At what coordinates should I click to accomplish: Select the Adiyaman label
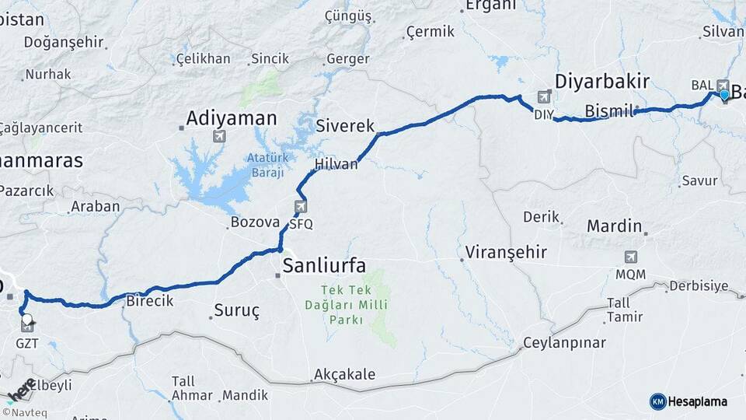[231, 118]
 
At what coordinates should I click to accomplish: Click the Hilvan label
[336, 164]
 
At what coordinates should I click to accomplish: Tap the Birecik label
[149, 301]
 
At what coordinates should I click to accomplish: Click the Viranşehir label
[506, 253]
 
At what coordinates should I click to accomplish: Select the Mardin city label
[614, 226]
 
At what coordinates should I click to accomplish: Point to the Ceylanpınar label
[563, 342]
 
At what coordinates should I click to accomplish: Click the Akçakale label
[344, 374]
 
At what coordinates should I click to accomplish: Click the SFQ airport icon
[301, 207]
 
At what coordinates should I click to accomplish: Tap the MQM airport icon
[631, 257]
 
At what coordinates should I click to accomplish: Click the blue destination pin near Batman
[724, 95]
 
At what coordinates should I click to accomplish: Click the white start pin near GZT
[27, 318]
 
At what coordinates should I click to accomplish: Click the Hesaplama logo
[688, 401]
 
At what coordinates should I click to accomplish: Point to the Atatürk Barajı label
[268, 165]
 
